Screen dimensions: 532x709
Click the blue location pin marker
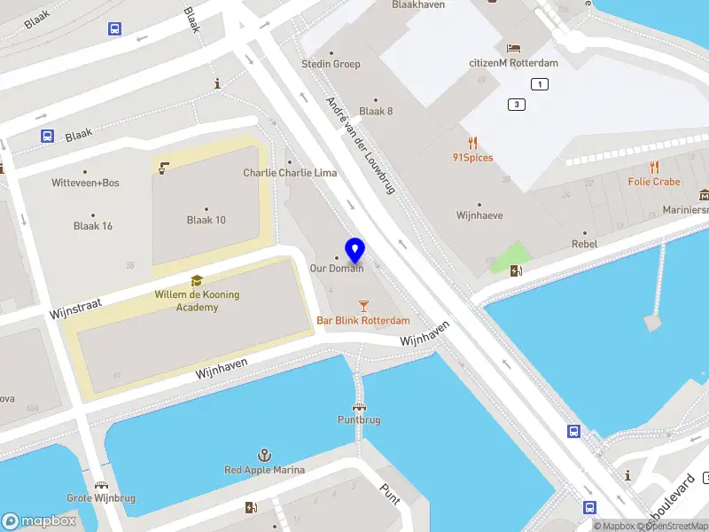(x=355, y=251)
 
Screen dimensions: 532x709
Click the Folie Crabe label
(x=654, y=182)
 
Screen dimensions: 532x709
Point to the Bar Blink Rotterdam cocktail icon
(x=363, y=305)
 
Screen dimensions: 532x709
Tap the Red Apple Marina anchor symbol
(x=264, y=455)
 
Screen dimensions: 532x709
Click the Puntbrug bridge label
(x=359, y=419)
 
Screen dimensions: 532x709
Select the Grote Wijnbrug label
(x=101, y=497)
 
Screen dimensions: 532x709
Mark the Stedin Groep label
(x=331, y=64)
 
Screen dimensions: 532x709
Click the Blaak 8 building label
(x=376, y=111)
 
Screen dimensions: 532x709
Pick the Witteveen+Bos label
(x=85, y=183)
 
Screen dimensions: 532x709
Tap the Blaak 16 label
(x=93, y=225)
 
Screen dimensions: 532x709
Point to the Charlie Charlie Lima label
(x=290, y=172)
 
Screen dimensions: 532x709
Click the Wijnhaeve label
(x=479, y=215)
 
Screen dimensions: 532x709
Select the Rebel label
(x=584, y=243)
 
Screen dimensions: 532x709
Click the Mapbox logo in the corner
(x=39, y=521)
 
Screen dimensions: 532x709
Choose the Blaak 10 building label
(x=206, y=220)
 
